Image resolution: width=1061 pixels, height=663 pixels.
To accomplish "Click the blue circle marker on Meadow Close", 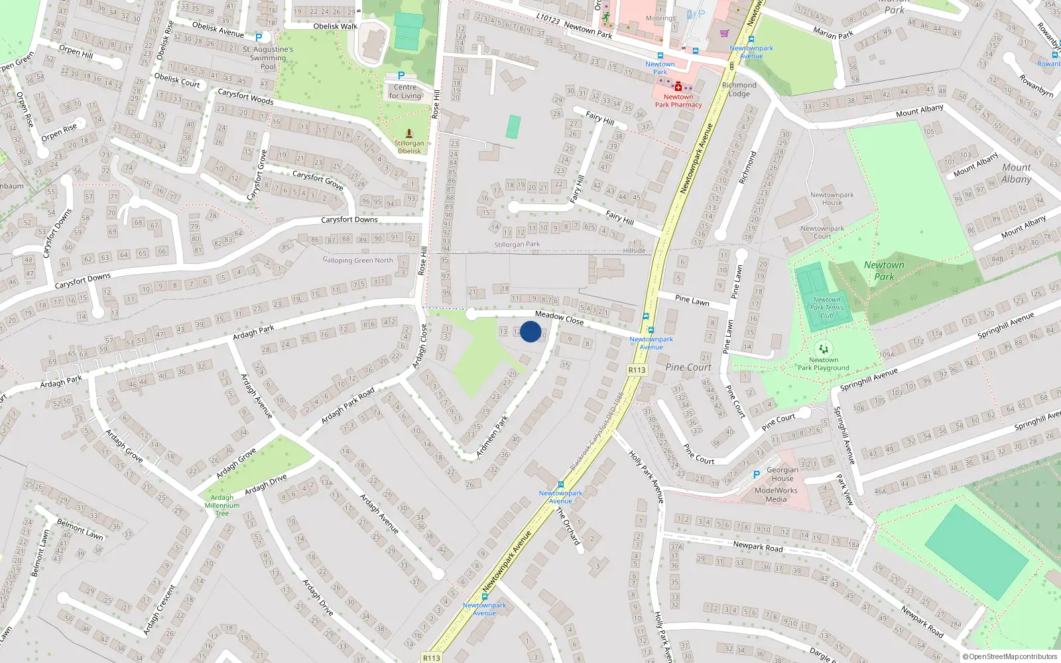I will (530, 331).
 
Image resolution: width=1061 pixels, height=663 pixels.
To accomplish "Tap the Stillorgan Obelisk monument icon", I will (409, 133).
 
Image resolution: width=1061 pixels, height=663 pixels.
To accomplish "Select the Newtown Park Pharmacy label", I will (678, 101).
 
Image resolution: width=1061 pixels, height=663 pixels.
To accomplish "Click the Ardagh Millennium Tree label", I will (222, 505).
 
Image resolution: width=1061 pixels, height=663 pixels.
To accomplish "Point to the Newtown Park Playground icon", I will (823, 348).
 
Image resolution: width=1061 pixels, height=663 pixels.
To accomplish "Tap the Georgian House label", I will (782, 474).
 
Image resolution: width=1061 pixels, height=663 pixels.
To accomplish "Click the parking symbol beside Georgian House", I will (756, 475).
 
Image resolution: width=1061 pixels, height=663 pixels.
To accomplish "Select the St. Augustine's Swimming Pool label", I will (268, 58).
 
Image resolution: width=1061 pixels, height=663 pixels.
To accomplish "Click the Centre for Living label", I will (405, 91).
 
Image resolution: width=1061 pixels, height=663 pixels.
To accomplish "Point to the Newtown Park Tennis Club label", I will (827, 308).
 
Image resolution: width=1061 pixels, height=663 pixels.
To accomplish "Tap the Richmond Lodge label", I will (739, 90).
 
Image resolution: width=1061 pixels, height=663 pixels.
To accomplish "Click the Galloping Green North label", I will (358, 261).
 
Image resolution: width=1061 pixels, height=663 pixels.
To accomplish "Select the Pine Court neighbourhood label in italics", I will (688, 367).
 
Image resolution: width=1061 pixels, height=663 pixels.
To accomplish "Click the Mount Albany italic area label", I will (1016, 173).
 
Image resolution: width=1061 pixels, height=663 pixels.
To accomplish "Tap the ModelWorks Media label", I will (776, 495).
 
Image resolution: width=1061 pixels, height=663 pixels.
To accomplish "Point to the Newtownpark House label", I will (832, 199).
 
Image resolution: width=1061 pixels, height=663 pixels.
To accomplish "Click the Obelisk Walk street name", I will (335, 27).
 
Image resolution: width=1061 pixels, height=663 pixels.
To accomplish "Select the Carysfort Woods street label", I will (245, 97).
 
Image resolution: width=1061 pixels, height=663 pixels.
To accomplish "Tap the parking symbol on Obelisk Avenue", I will (259, 38).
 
